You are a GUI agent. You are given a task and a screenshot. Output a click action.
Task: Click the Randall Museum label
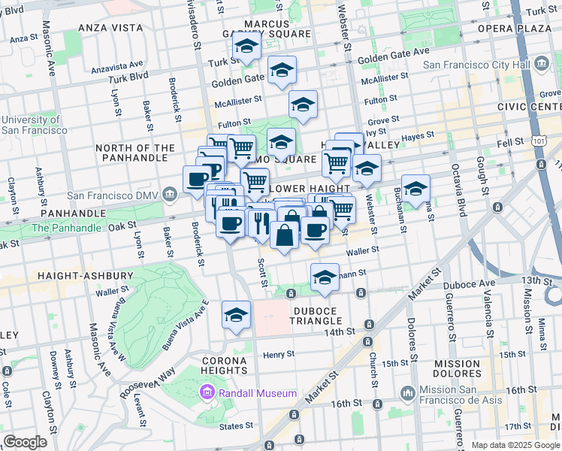pos(257,393)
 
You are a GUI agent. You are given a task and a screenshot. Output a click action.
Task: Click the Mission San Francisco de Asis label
pos(458,394)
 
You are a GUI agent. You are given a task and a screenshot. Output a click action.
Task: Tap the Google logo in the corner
pos(25,442)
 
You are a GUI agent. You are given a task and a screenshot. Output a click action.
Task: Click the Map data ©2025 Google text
pos(515,445)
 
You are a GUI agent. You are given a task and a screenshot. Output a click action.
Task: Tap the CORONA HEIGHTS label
pos(225,365)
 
